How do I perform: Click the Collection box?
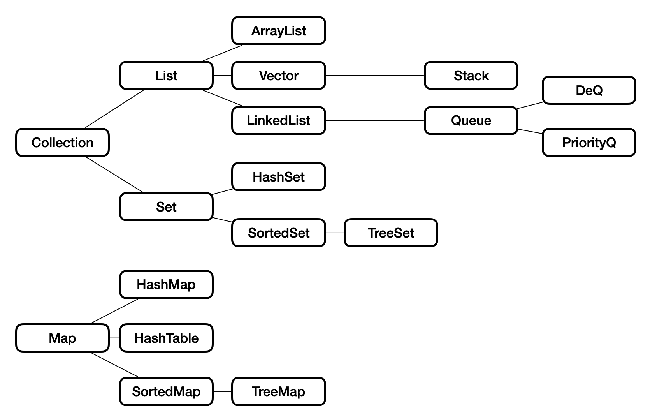coord(62,143)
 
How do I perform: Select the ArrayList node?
coord(278,31)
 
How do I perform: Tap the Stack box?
coord(471,76)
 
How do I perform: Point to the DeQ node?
coord(588,90)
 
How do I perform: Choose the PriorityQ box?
coord(588,143)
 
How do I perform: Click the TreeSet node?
coord(391,233)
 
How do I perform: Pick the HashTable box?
coord(166,338)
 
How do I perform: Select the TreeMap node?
coord(278,391)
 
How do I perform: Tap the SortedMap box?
coord(166,391)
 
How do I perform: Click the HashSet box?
coord(278,177)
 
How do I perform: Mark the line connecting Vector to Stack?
coord(374,76)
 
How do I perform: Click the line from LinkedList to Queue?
coord(374,120)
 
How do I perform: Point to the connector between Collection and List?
coord(114,109)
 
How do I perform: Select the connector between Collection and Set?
coord(114,175)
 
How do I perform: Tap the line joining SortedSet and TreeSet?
coord(335,233)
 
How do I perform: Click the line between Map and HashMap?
coord(114,311)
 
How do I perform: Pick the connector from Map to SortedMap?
coord(114,365)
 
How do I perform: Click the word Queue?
coord(471,120)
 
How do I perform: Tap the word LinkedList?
coord(278,120)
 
